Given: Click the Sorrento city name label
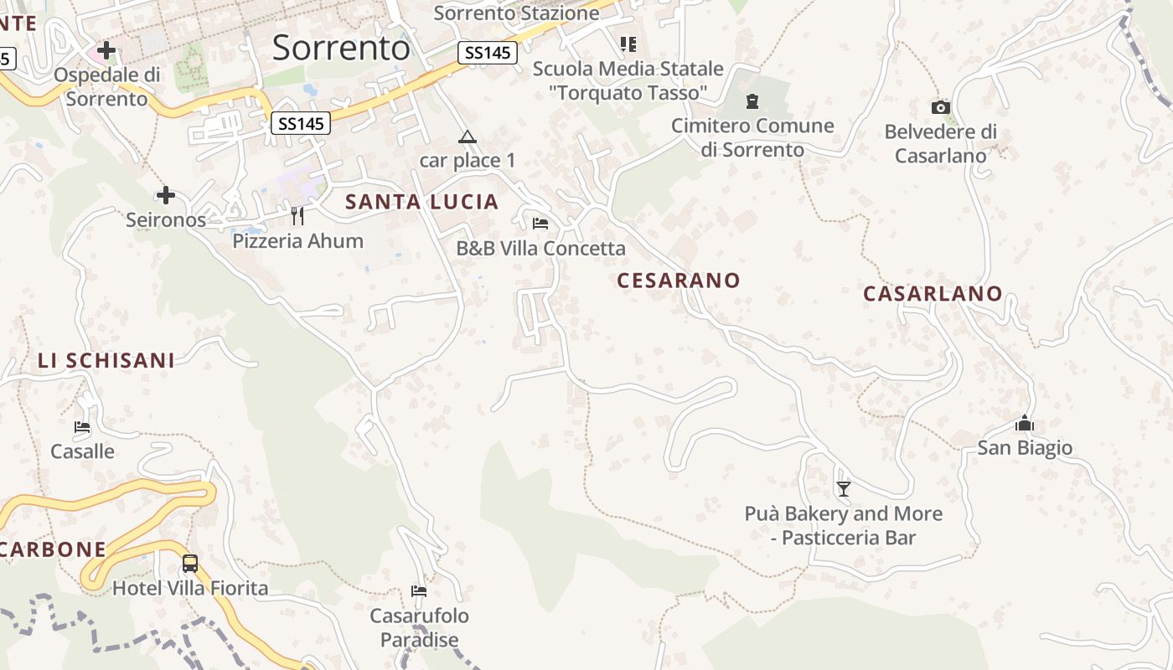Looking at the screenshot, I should (341, 48).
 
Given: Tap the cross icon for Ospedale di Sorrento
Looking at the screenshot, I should (106, 50).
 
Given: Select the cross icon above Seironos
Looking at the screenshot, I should (166, 195).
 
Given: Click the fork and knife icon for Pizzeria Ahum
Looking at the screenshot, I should (297, 216).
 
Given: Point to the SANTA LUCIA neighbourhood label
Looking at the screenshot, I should (422, 202).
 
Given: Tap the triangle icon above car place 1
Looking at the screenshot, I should (468, 137).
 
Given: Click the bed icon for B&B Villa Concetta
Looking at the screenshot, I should (540, 224).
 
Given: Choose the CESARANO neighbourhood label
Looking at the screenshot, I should (679, 281).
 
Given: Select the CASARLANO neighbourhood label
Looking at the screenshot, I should (933, 294).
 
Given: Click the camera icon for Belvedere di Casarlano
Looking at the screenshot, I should (941, 107).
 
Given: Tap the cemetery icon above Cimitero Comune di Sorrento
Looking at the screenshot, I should (752, 101).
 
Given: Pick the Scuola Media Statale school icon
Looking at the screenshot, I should (628, 44).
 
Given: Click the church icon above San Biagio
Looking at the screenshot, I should (1025, 424).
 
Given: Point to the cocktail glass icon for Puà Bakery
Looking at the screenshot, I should (844, 488).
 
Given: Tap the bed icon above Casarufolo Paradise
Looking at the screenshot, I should (419, 591).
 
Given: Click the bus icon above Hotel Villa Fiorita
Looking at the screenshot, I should (190, 563).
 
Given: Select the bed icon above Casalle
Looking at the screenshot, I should (82, 427).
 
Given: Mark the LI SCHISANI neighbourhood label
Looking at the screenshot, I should (106, 361).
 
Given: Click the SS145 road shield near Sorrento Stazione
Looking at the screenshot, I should (487, 53).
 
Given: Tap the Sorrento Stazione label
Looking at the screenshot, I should (517, 13).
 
